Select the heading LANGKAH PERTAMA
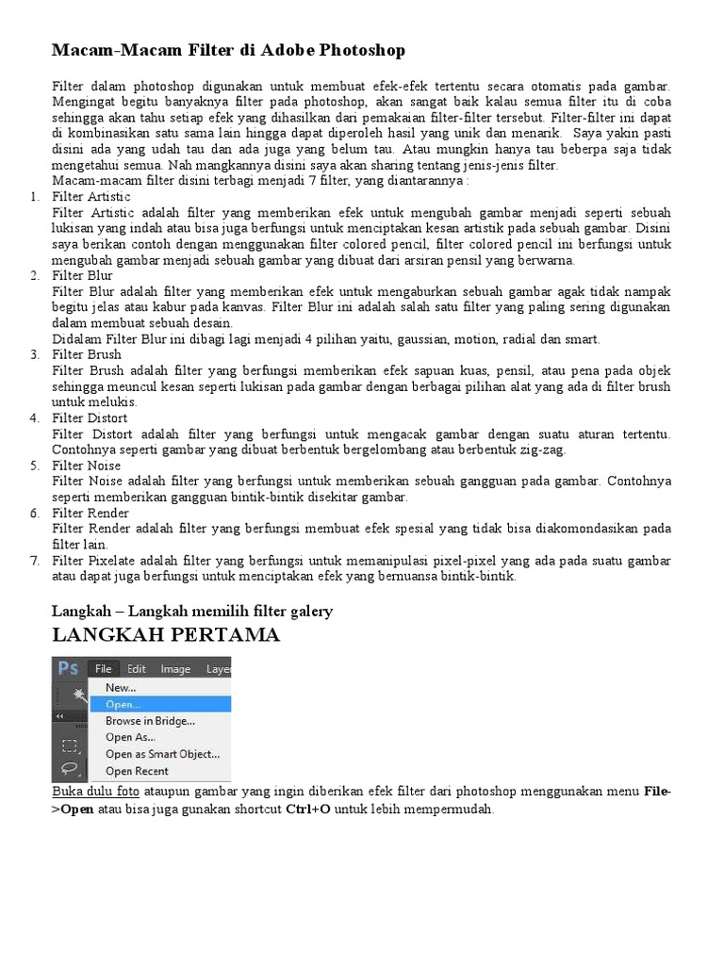(x=166, y=635)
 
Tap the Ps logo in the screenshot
(x=68, y=668)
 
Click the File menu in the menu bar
(x=103, y=669)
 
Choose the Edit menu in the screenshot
(x=137, y=669)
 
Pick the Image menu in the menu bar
(x=175, y=669)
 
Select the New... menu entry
(x=121, y=688)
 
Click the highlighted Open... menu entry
(x=123, y=704)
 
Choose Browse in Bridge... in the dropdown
(x=150, y=721)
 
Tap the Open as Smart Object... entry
(x=162, y=754)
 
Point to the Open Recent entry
(x=137, y=771)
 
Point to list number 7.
(x=34, y=561)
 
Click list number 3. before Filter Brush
(x=34, y=354)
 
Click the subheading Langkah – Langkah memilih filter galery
(x=191, y=612)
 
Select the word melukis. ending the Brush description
(x=112, y=401)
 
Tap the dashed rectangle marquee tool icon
(x=69, y=745)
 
